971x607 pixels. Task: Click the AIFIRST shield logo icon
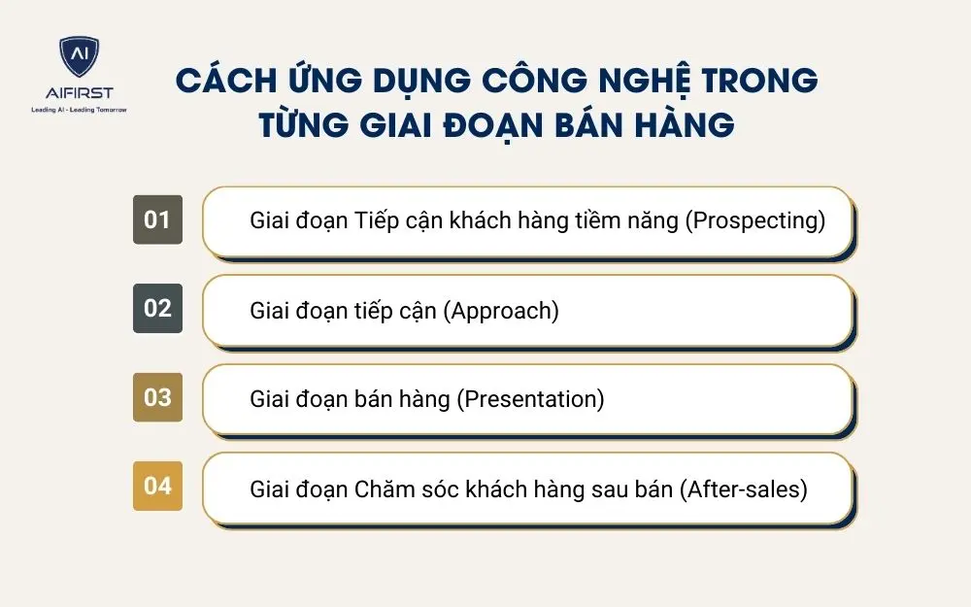point(79,57)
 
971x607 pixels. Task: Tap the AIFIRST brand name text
point(79,93)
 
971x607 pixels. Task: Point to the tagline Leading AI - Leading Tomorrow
point(79,110)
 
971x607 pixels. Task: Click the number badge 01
point(157,219)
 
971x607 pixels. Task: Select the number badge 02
point(157,309)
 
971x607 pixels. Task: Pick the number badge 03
point(157,397)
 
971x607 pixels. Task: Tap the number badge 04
point(157,486)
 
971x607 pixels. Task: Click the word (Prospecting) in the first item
point(755,220)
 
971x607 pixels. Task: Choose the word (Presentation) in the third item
point(530,399)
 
